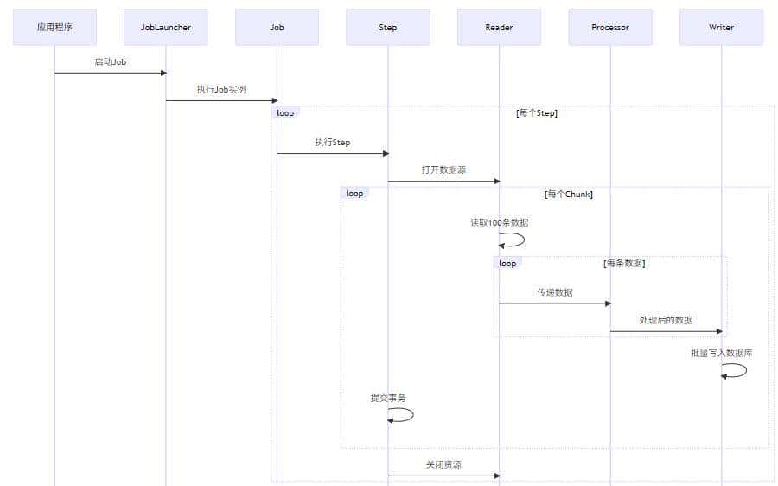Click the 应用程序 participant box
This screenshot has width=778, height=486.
(54, 27)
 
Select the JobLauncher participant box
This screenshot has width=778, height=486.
(166, 27)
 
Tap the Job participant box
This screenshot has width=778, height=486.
(277, 27)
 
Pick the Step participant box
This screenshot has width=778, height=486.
(388, 27)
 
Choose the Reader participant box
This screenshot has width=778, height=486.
(499, 27)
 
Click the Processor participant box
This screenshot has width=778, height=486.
(610, 27)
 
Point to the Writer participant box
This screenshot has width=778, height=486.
(721, 27)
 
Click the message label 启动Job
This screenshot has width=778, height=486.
(111, 61)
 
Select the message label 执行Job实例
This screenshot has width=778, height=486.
(221, 89)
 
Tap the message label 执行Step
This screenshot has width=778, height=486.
(333, 142)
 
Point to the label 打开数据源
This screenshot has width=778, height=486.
(443, 169)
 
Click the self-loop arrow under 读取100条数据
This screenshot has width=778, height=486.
(513, 240)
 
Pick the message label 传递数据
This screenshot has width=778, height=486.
(554, 292)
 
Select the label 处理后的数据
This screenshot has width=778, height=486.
(666, 320)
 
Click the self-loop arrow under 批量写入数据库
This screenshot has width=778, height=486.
(736, 370)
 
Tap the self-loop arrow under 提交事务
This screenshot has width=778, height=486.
(403, 415)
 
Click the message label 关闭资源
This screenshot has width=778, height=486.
(443, 464)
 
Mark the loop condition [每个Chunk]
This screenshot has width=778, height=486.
(568, 195)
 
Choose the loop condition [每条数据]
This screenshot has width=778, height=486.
(624, 263)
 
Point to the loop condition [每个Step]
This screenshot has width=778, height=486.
(536, 113)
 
